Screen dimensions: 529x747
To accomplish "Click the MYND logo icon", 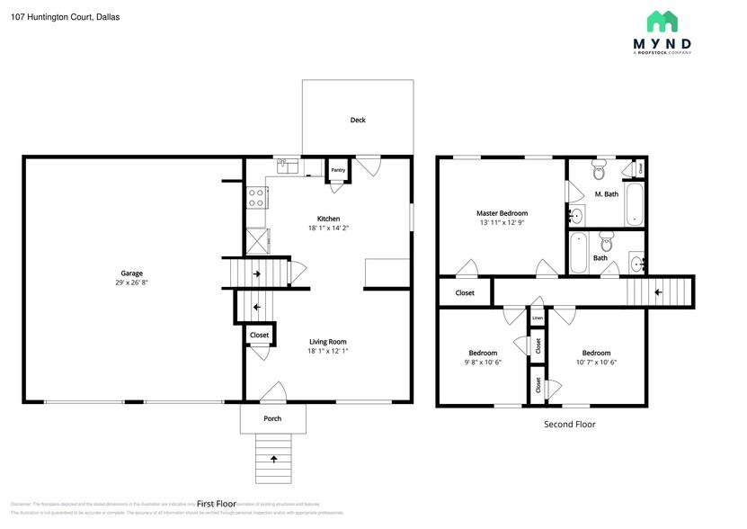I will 663,22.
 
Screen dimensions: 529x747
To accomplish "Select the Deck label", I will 358,120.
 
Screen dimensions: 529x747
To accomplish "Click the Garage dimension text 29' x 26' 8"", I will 132,282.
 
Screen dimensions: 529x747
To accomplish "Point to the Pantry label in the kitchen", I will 338,170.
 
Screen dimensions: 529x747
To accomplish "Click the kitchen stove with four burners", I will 255,197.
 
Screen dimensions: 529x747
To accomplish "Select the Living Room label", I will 328,341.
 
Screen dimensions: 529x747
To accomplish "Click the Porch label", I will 272,418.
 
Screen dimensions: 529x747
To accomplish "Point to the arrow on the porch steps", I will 273,460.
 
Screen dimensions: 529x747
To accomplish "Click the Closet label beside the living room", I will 259,335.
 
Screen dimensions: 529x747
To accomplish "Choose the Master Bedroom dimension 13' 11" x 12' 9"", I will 502,222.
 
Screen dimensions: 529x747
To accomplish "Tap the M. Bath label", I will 606,194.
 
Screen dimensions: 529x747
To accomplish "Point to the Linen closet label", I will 537,318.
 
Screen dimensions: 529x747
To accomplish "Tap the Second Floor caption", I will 570,424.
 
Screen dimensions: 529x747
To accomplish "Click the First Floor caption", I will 216,504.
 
